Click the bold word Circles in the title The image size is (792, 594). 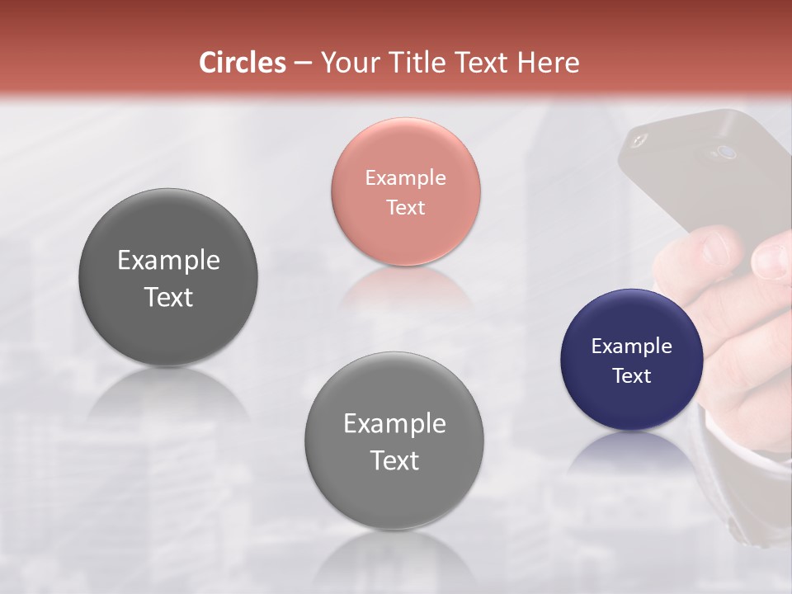click(x=243, y=63)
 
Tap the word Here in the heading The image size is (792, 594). click(x=548, y=63)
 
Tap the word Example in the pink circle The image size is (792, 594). click(x=405, y=177)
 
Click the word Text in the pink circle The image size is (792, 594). click(x=405, y=207)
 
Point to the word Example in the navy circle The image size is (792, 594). click(x=631, y=346)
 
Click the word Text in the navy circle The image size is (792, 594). click(x=631, y=375)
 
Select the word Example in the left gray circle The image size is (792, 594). click(x=168, y=260)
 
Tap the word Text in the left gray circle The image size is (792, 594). click(x=168, y=297)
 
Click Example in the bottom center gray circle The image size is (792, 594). click(x=394, y=423)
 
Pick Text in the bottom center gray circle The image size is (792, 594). click(x=394, y=460)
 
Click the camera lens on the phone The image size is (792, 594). click(x=726, y=152)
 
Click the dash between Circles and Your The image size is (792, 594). click(x=303, y=63)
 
